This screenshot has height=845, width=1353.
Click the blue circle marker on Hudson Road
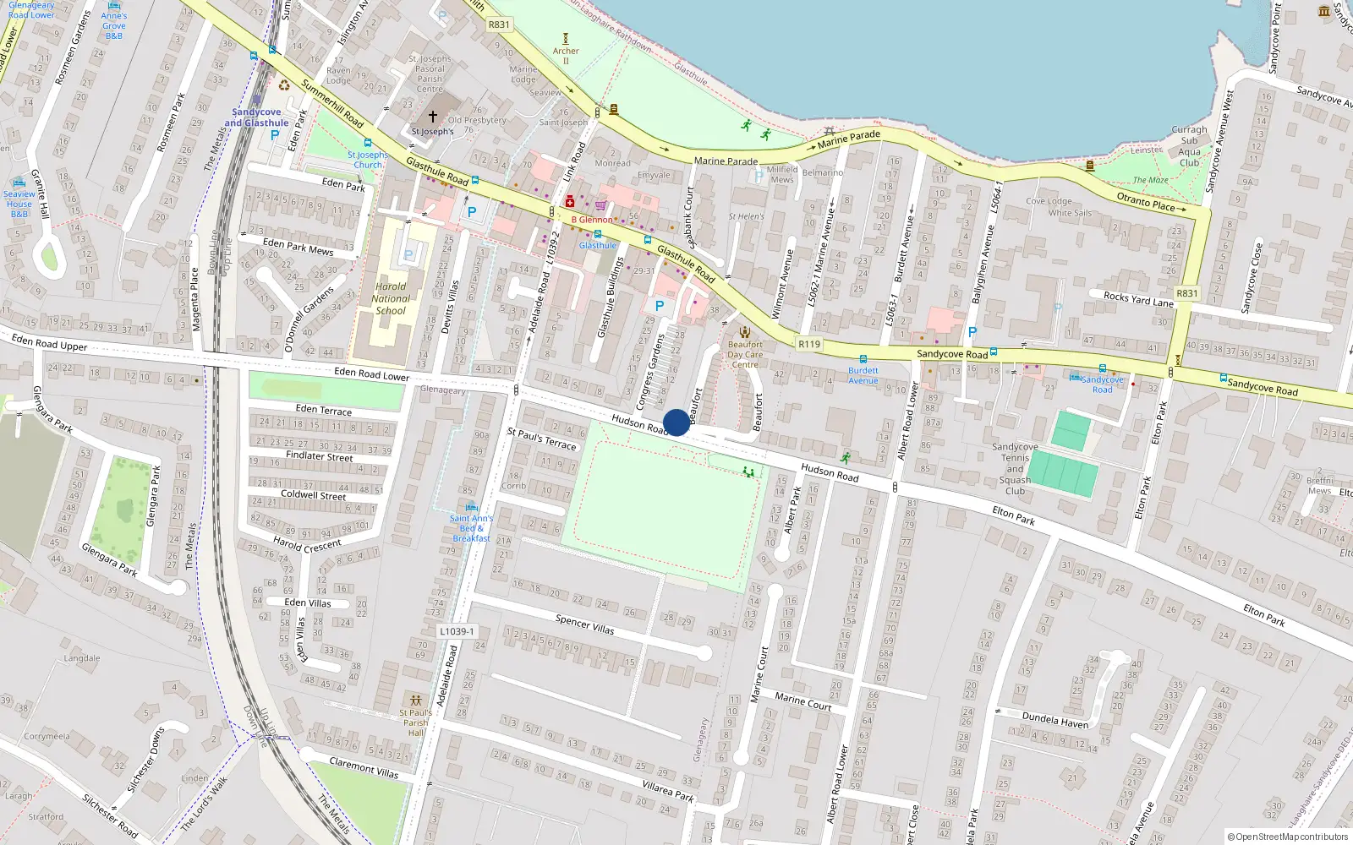[x=676, y=422]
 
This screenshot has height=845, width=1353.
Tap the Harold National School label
[x=391, y=298]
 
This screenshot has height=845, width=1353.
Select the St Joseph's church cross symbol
[x=433, y=117]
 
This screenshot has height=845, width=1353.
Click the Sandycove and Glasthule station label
[x=256, y=117]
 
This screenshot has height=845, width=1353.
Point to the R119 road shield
[x=809, y=344]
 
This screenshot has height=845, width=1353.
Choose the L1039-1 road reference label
[x=457, y=631]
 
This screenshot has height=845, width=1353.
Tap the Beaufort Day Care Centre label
[x=745, y=354]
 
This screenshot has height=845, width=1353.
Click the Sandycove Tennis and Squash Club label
[x=1015, y=469]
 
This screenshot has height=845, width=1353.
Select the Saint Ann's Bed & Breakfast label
[x=471, y=528]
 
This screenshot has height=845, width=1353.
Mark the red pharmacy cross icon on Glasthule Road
[x=570, y=202]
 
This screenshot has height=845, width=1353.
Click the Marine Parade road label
[x=726, y=161]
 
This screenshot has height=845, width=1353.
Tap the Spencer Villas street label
[x=584, y=624]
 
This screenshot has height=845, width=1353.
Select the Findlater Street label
[x=319, y=455]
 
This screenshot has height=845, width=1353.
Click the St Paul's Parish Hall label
[x=415, y=722]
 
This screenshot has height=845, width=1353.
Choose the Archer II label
[x=566, y=56]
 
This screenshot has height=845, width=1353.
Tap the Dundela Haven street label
[x=1054, y=720]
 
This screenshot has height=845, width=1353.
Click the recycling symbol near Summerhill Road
[x=284, y=84]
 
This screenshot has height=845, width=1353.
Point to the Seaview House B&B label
[x=19, y=204]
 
